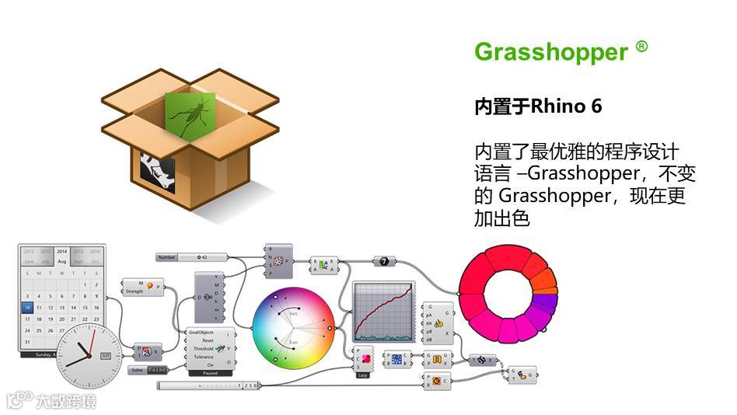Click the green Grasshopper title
550,52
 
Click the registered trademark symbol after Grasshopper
641,47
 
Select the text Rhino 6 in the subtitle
566,106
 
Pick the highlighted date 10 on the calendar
28,307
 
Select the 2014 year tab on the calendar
61,252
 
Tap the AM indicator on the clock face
106,356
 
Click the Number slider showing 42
192,256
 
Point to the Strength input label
134,292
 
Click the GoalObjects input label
201,332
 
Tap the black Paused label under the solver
209,373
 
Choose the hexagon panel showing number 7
383,262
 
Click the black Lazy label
363,373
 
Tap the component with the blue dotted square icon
396,359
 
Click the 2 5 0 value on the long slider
250,385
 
